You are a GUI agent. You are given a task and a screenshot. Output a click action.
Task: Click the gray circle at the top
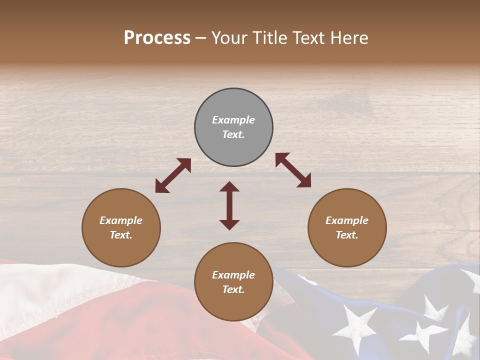coord(233,127)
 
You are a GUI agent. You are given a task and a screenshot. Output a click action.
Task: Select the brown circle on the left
coord(121,228)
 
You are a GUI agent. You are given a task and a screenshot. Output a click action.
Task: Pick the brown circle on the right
coord(347,228)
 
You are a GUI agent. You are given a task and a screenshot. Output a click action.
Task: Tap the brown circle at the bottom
coord(233,282)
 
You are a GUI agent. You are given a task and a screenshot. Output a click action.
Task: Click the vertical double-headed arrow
coord(229,205)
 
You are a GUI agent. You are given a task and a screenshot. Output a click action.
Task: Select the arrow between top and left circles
coord(173,175)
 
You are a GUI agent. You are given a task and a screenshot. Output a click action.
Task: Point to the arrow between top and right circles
coord(293,170)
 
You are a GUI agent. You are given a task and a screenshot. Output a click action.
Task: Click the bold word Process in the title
coord(157,38)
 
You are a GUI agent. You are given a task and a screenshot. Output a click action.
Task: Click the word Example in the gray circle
coord(233,120)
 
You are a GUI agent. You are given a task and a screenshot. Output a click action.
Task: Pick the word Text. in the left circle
coord(121,235)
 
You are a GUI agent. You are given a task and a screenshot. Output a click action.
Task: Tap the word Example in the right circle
coord(347,220)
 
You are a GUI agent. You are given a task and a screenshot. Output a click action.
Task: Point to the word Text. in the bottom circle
coord(233,289)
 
